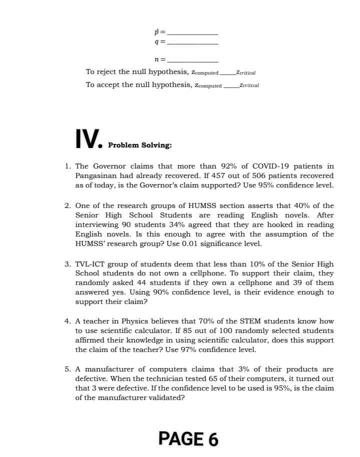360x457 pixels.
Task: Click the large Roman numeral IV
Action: click(x=88, y=138)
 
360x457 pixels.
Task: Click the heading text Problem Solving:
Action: click(x=140, y=145)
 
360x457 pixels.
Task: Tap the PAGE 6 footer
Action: click(x=188, y=438)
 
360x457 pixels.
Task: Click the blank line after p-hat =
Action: click(x=192, y=33)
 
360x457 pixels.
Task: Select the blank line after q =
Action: click(x=192, y=43)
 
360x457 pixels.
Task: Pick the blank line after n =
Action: click(x=192, y=60)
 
